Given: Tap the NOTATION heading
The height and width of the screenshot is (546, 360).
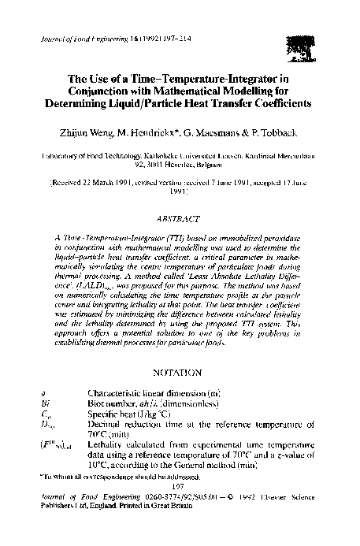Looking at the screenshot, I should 180,370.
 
